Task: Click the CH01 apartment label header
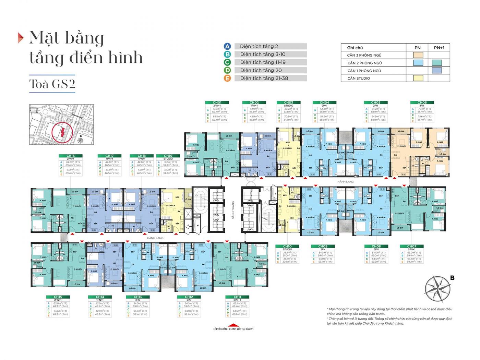pyautogui.click(x=217, y=103)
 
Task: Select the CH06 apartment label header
pyautogui.click(x=422, y=103)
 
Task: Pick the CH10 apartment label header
pyautogui.click(x=287, y=246)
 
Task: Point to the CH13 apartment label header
pyautogui.click(x=137, y=297)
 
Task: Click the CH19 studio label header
pyautogui.click(x=168, y=156)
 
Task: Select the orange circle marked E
pyautogui.click(x=227, y=78)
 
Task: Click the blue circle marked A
pyautogui.click(x=227, y=46)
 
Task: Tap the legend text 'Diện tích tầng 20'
pyautogui.click(x=261, y=70)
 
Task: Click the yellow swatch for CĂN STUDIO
pyautogui.click(x=418, y=78)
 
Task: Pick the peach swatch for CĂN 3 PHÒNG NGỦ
pyautogui.click(x=418, y=55)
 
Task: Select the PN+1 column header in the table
pyautogui.click(x=439, y=48)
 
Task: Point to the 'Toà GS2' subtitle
pyautogui.click(x=52, y=84)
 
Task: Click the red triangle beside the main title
pyautogui.click(x=21, y=38)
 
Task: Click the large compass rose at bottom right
pyautogui.click(x=438, y=288)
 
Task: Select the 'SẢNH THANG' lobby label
pyautogui.click(x=233, y=210)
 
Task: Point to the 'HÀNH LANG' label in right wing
pyautogui.click(x=345, y=182)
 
